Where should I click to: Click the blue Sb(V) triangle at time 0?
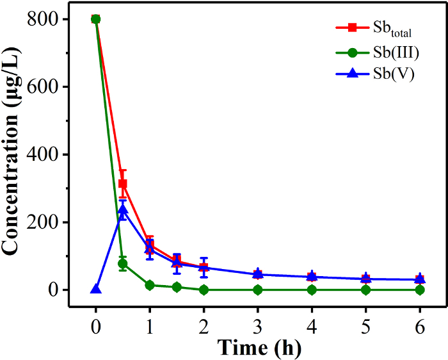[x=96, y=289]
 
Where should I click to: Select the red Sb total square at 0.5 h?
[x=123, y=184]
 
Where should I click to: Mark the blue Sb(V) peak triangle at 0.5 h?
[x=123, y=210]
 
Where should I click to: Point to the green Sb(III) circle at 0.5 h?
[x=123, y=263]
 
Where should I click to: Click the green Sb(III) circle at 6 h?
[x=420, y=290]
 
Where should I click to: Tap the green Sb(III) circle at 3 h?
[x=257, y=290]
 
